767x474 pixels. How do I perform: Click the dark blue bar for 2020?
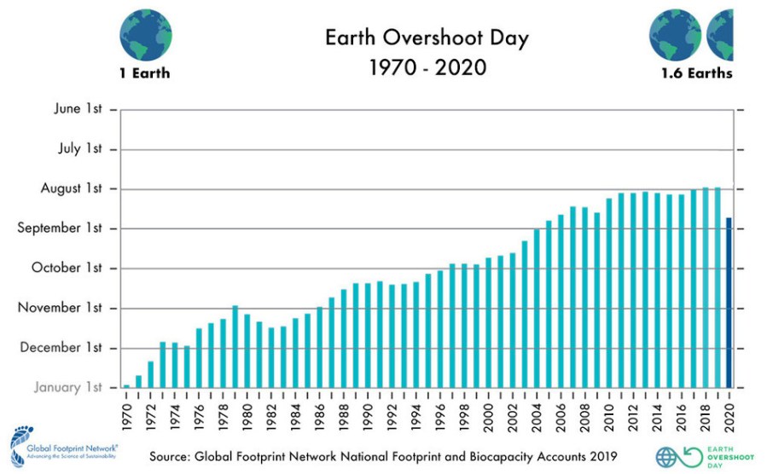point(729,303)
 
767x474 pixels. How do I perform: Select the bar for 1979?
point(235,346)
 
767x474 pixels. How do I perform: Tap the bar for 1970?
point(126,386)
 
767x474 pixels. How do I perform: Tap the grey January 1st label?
point(68,387)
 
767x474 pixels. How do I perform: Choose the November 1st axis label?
point(61,308)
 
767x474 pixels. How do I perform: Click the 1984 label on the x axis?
point(295,415)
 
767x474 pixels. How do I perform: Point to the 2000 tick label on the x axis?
point(488,415)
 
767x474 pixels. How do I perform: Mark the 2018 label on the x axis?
point(705,415)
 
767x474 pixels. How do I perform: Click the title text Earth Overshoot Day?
point(427,38)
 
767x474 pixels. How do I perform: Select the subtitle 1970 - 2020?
point(427,66)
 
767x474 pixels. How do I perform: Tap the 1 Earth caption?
point(144,73)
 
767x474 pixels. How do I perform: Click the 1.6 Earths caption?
point(696,73)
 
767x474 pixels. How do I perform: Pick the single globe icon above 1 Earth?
point(145,32)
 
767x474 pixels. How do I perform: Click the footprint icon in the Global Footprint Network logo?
point(19,448)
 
